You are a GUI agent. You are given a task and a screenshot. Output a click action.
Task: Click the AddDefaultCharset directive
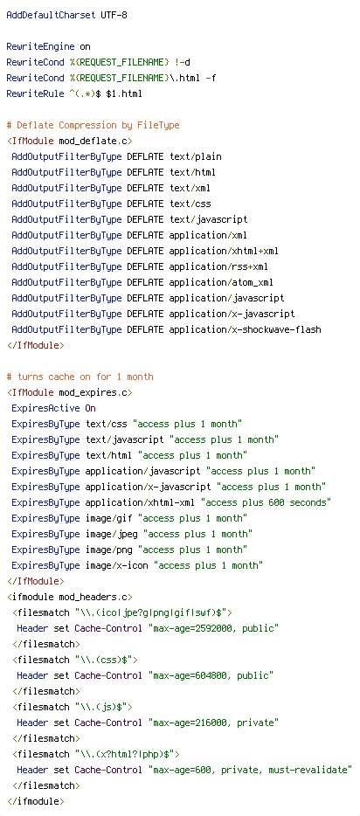(x=51, y=15)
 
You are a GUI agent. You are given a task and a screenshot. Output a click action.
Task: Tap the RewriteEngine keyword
(x=40, y=46)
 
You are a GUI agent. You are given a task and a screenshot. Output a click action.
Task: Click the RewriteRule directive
(x=35, y=93)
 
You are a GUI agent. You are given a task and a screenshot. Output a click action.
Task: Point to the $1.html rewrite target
(x=124, y=93)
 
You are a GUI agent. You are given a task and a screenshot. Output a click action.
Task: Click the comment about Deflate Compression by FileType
(x=93, y=125)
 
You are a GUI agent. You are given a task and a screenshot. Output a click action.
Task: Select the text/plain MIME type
(x=195, y=156)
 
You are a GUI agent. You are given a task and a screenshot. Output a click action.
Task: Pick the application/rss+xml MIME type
(x=218, y=266)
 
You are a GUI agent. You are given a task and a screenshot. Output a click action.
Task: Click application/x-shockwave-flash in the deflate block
(x=245, y=329)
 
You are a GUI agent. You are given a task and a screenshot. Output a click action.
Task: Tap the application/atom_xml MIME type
(x=221, y=282)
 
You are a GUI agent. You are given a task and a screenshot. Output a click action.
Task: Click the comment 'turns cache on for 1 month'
(x=80, y=377)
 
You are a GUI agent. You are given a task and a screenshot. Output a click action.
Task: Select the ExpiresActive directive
(x=45, y=408)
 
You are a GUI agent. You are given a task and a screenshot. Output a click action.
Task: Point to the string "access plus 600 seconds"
(x=266, y=502)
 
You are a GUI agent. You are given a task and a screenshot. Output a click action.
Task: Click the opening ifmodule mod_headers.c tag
(x=69, y=597)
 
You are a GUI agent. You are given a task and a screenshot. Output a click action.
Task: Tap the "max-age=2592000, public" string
(x=213, y=628)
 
